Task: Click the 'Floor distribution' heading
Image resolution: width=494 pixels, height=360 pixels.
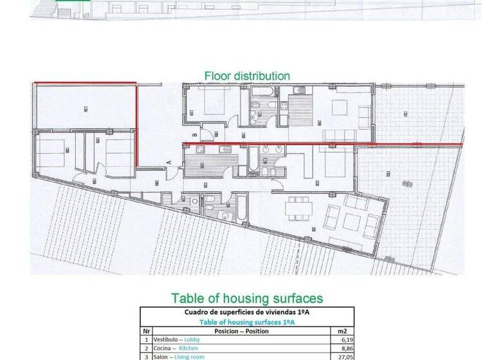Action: click(x=247, y=76)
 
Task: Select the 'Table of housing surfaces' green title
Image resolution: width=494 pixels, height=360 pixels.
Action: click(x=246, y=298)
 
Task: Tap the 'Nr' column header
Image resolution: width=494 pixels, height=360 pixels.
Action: click(x=146, y=331)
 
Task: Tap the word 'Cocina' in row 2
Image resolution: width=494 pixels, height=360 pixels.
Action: click(x=163, y=347)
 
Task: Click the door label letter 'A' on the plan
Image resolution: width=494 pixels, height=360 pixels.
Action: click(x=168, y=161)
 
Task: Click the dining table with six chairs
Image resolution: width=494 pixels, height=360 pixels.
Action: click(x=298, y=207)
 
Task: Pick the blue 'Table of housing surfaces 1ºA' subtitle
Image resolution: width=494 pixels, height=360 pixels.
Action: click(x=247, y=322)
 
